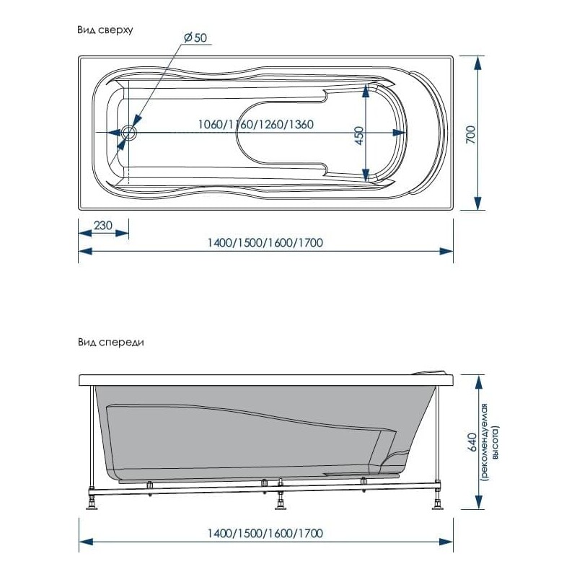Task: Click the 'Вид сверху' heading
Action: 105,30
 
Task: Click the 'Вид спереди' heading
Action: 111,343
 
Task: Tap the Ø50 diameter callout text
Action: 195,38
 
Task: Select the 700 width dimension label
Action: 471,135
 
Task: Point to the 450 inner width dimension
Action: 359,136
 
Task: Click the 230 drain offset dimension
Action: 103,225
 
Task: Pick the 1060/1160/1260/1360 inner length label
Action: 256,124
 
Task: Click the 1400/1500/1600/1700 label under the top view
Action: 265,243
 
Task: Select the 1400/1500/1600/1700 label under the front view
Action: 265,533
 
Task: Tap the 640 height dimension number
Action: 472,442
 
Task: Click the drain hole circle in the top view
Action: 129,132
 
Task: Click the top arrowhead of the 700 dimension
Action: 477,63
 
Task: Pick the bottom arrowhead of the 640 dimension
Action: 478,503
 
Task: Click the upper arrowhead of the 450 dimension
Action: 366,90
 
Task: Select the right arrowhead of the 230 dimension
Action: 122,233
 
